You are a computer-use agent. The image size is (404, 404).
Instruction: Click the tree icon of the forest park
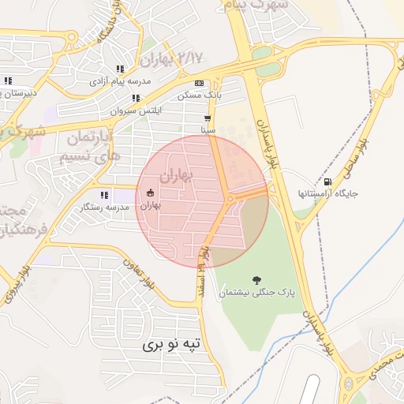click(x=256, y=280)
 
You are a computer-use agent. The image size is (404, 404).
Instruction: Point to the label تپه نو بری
click(x=173, y=344)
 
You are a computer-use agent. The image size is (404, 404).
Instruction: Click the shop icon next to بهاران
click(x=150, y=193)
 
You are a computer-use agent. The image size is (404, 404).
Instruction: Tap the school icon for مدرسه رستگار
click(x=103, y=195)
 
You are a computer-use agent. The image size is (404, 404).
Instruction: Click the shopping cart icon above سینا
click(x=208, y=118)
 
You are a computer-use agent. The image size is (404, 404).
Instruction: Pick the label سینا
click(x=208, y=128)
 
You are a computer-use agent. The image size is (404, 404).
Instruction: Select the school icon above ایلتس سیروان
click(x=136, y=99)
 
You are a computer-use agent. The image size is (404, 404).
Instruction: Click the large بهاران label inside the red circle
click(x=175, y=174)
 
